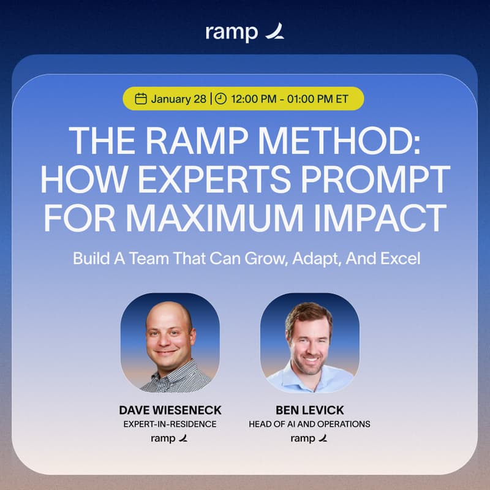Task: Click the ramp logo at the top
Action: tap(244, 32)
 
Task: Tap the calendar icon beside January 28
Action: tap(141, 99)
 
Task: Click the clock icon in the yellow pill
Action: tap(221, 99)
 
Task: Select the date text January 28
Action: tap(178, 99)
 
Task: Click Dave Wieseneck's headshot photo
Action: tap(170, 342)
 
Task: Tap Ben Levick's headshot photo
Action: tap(309, 342)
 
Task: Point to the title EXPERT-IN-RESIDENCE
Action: tap(170, 424)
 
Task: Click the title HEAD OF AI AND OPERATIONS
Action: tap(309, 424)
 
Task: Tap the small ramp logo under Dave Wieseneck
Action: tap(170, 438)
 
